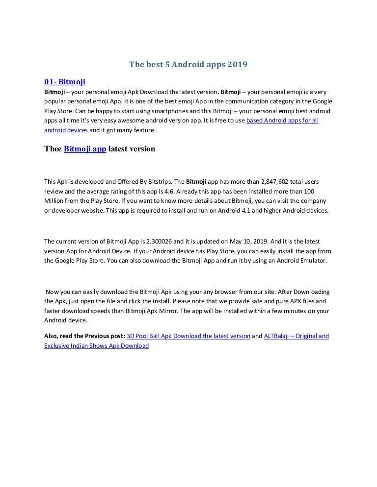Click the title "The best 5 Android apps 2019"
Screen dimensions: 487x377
click(188, 64)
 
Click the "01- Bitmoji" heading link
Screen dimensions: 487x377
click(65, 82)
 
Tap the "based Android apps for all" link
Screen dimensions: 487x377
click(282, 121)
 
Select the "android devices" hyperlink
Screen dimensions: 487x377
click(66, 130)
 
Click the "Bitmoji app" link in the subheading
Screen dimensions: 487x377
click(85, 149)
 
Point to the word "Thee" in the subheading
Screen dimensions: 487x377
click(53, 149)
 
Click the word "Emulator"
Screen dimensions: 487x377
click(311, 261)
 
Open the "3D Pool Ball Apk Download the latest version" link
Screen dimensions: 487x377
click(188, 336)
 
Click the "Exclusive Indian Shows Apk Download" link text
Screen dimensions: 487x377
click(96, 346)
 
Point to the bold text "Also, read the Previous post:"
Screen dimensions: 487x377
click(84, 336)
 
